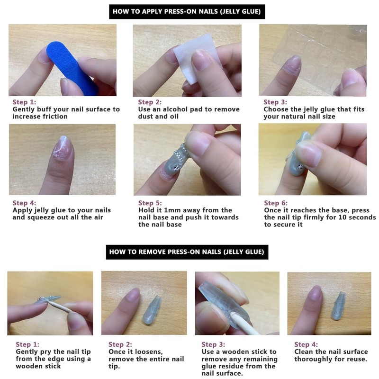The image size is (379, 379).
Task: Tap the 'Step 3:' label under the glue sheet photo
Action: click(278, 102)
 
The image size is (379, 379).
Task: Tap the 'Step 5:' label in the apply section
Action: click(152, 203)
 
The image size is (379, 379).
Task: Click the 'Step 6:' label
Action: click(278, 203)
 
